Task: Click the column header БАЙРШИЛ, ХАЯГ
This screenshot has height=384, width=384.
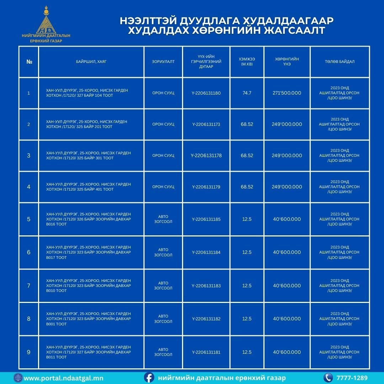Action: [91, 62]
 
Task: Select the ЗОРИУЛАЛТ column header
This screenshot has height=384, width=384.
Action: [163, 62]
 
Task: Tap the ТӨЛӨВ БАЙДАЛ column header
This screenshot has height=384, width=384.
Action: [339, 62]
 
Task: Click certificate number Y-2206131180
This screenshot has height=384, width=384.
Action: [206, 93]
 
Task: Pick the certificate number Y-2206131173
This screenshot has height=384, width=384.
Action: [206, 124]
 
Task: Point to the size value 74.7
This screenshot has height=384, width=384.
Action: [247, 93]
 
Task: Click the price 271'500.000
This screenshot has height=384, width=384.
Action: [287, 93]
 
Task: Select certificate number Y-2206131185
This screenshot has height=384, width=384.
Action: [206, 219]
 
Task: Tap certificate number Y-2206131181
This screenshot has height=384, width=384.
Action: [206, 352]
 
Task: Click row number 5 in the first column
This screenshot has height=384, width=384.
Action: [29, 219]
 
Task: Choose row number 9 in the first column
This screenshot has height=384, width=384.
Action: [29, 352]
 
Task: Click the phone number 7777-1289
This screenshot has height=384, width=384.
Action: [352, 378]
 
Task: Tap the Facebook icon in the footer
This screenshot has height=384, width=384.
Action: [149, 378]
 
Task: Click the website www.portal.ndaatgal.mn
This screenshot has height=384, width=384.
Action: [64, 378]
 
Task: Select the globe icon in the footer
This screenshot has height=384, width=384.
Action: [18, 378]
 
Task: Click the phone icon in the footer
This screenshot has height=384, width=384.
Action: [328, 378]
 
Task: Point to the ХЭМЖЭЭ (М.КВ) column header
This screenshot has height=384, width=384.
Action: [247, 62]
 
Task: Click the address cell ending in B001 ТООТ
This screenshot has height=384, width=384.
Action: [89, 319]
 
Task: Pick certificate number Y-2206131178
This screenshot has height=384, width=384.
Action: [206, 156]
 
